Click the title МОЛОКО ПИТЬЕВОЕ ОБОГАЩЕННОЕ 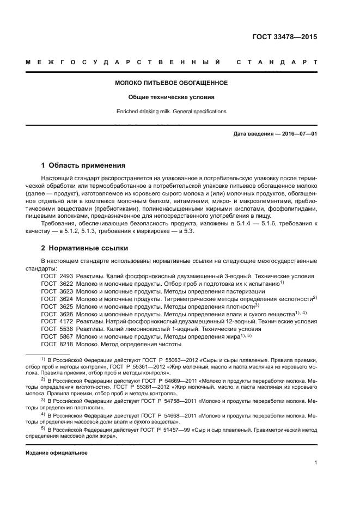click(x=171, y=83)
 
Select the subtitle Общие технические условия click(x=171, y=97)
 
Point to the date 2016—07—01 click(x=299, y=134)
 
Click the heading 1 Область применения click(x=84, y=165)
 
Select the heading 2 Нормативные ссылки click(x=84, y=248)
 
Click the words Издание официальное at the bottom click(x=57, y=453)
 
